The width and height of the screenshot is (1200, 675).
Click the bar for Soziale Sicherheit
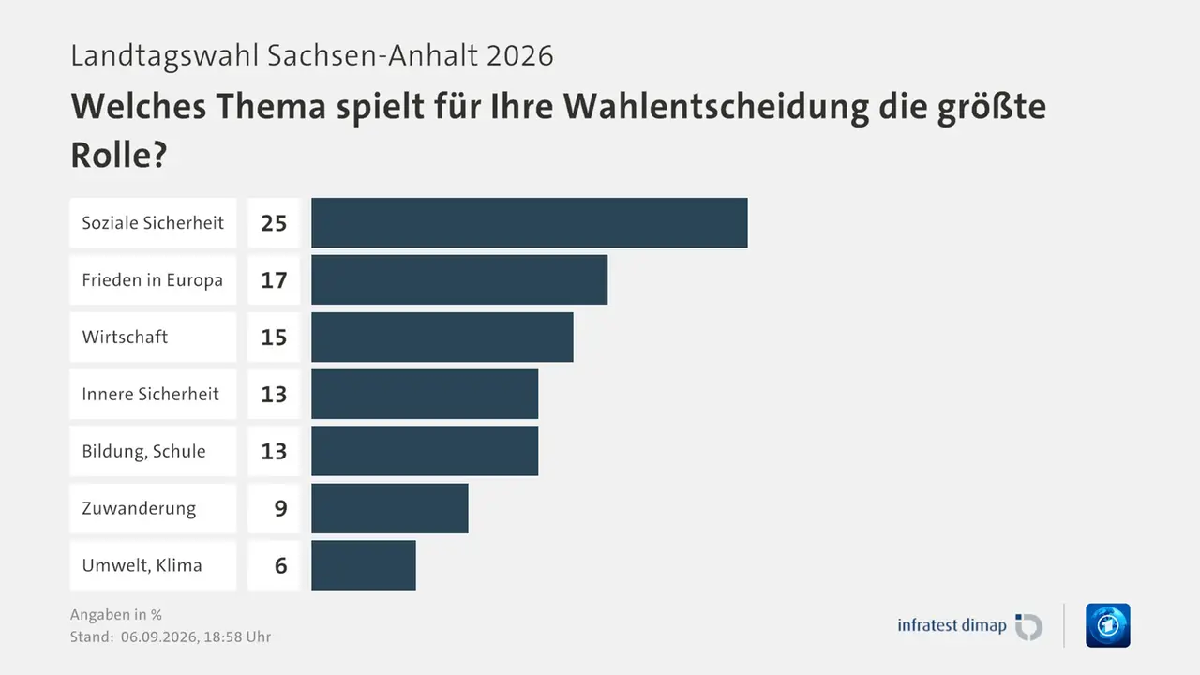point(530,222)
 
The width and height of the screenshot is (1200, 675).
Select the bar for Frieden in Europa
point(459,279)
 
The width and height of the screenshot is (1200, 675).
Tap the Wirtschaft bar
point(442,337)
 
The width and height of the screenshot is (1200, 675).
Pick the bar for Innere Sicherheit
point(425,394)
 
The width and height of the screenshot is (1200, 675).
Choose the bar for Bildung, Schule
point(425,451)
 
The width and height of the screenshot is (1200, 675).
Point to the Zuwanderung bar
point(390,508)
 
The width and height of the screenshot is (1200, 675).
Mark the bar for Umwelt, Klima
point(364,565)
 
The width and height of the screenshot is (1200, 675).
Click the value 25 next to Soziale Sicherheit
point(274,223)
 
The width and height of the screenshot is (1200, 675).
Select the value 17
point(274,280)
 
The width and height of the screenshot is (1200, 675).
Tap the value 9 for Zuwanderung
point(280,508)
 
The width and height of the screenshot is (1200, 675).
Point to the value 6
point(280,565)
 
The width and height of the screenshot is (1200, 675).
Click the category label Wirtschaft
point(125,337)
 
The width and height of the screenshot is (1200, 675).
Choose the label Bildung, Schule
point(143,451)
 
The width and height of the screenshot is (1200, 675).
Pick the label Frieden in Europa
point(152,279)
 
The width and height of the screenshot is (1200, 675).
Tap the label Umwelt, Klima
point(142,565)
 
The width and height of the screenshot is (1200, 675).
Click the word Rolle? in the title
point(119,155)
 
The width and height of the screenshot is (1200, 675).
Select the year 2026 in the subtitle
point(519,55)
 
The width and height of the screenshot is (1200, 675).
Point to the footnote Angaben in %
point(115,614)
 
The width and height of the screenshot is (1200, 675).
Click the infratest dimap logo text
point(952,625)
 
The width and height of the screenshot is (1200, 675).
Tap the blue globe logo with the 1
point(1108,625)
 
